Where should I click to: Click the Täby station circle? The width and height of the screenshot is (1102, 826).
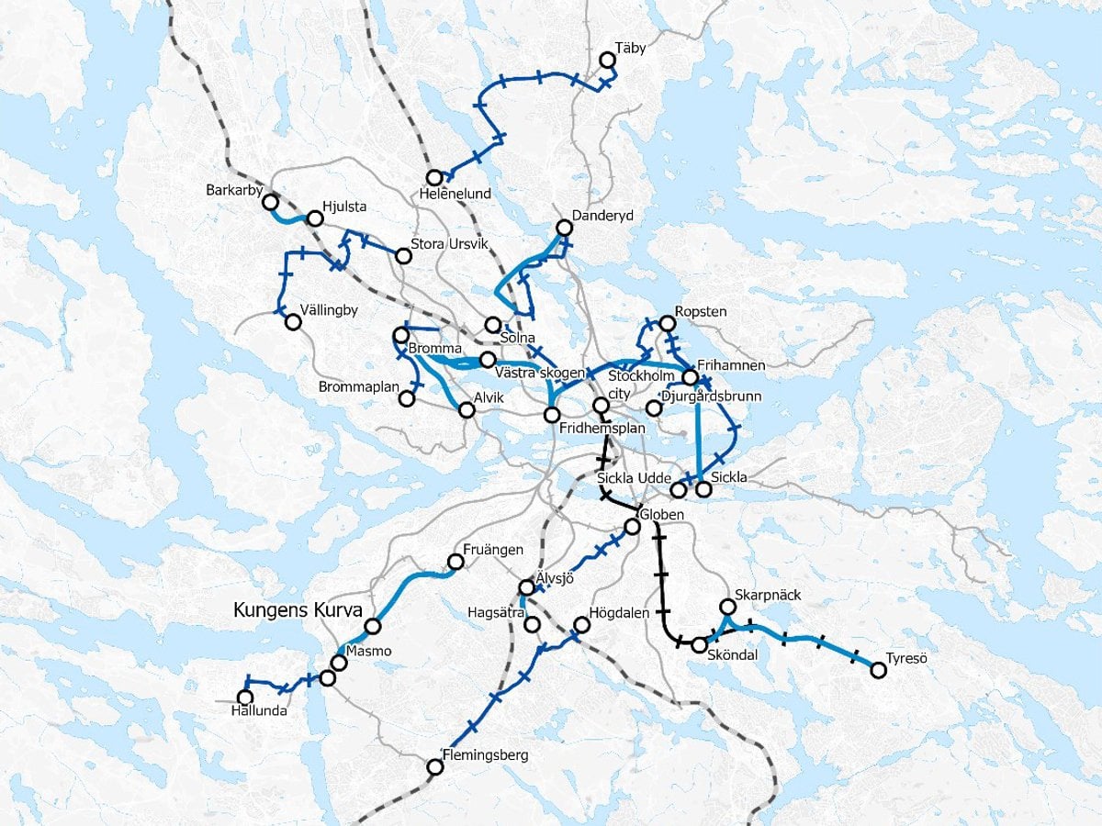tap(607, 61)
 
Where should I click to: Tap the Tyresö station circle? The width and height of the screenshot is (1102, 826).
tap(878, 671)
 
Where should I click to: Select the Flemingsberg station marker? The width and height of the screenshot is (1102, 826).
tap(435, 767)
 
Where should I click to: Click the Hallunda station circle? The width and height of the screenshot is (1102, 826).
tap(244, 698)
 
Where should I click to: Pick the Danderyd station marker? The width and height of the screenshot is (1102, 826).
tap(565, 228)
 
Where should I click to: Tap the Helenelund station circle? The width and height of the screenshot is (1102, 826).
tap(433, 177)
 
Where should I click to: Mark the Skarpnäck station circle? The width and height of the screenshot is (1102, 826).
tap(727, 607)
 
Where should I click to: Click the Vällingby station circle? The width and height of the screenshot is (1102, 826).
tap(293, 322)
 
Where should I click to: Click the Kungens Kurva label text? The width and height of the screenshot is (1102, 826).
tap(298, 609)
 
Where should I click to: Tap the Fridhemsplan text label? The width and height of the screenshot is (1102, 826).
tap(603, 429)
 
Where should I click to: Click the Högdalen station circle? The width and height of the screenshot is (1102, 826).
tap(580, 626)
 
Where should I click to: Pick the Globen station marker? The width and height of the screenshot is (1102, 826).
tap(632, 527)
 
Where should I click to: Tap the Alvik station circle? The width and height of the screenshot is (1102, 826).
tap(467, 410)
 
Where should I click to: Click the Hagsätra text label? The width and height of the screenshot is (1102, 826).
tap(496, 611)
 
